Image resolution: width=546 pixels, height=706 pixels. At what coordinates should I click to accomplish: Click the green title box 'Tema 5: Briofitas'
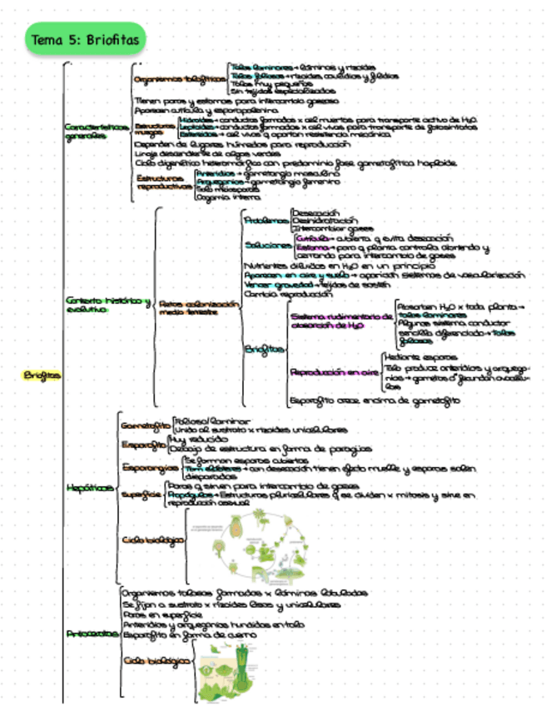[85, 39]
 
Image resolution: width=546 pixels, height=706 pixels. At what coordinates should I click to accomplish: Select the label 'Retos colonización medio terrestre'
[197, 308]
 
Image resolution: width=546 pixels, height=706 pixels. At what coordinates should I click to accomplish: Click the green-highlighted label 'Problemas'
[266, 221]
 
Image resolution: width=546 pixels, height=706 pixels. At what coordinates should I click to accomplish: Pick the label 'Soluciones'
[268, 246]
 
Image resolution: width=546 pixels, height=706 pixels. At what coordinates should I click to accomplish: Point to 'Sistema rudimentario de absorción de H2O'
[339, 321]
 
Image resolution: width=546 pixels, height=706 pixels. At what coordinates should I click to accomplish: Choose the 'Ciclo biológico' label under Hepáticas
[153, 539]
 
